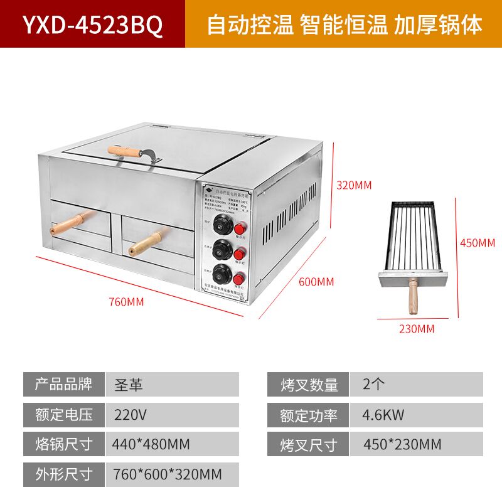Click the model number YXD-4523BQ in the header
tap(92, 24)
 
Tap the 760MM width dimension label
tap(126, 302)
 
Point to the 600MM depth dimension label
tap(316, 281)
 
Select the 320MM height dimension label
tap(354, 185)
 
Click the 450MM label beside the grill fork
tap(478, 242)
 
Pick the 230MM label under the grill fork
tap(417, 328)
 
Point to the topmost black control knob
tap(221, 226)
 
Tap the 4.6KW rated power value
tap(383, 414)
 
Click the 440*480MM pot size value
tap(151, 444)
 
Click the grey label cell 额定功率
tap(309, 415)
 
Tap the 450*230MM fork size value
tap(402, 444)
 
